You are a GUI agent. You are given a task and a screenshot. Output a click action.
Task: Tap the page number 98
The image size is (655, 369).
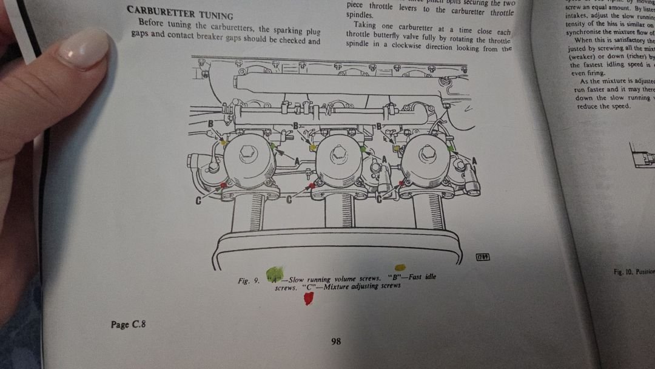(x=336, y=342)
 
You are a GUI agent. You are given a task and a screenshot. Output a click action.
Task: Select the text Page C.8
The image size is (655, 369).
(x=128, y=325)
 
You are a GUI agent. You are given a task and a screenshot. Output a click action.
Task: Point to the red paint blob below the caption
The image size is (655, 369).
(x=309, y=298)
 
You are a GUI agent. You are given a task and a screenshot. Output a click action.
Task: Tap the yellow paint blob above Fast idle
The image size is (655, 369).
(x=400, y=267)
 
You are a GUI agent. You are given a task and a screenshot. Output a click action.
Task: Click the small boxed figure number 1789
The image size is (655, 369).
(x=483, y=257)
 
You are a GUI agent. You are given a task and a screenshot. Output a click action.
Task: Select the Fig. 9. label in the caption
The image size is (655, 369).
(x=249, y=280)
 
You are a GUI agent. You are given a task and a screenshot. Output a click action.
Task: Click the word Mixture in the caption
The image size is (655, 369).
(x=337, y=286)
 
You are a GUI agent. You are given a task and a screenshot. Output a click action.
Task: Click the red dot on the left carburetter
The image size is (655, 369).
(x=224, y=184)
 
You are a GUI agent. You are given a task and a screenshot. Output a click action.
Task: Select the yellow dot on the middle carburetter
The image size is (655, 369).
(x=312, y=147)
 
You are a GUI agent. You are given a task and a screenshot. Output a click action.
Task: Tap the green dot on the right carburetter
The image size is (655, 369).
(x=450, y=147)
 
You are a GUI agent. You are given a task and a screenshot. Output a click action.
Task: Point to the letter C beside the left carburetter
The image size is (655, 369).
(x=198, y=200)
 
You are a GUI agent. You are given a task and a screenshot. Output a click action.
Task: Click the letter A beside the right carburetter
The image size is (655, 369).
(x=474, y=160)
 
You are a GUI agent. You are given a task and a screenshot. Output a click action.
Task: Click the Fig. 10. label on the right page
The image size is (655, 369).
(x=625, y=272)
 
